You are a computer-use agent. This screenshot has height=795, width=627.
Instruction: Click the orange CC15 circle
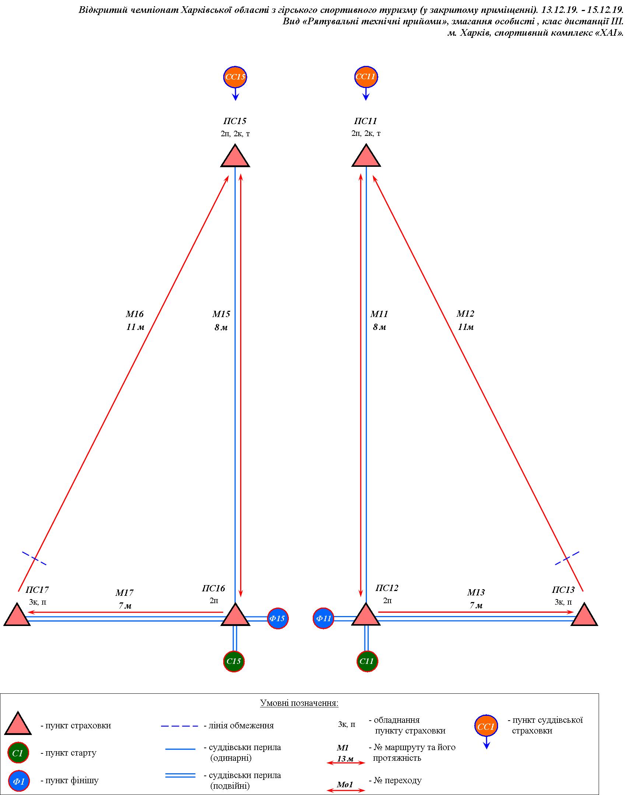[x=235, y=77]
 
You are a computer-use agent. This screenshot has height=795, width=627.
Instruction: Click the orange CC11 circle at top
[x=366, y=77]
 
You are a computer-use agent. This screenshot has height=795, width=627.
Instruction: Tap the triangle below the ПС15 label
[x=235, y=156]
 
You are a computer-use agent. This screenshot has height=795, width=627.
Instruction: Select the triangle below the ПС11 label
[x=366, y=156]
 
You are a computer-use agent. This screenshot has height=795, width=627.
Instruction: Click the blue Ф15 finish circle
[x=278, y=618]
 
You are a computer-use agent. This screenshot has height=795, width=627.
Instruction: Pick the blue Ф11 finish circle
[x=323, y=618]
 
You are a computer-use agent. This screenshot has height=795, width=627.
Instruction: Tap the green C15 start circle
[x=234, y=661]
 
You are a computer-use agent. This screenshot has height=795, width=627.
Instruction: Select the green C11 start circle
[x=367, y=661]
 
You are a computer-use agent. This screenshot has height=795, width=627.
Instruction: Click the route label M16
[x=134, y=314]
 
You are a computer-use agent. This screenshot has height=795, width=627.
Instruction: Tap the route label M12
[x=465, y=314]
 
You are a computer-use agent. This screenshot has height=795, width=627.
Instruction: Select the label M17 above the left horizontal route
[x=124, y=593]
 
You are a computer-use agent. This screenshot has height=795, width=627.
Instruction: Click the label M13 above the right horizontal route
[x=476, y=592]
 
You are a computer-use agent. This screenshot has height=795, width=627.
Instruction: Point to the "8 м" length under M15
[x=221, y=327]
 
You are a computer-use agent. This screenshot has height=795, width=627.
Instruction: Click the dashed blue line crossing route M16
[x=34, y=558]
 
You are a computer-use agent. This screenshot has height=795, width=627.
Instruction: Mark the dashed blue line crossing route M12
[x=567, y=558]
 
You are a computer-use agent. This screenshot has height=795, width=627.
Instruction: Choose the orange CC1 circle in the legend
[x=486, y=727]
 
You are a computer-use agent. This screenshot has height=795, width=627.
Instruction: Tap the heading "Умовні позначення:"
[x=299, y=703]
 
